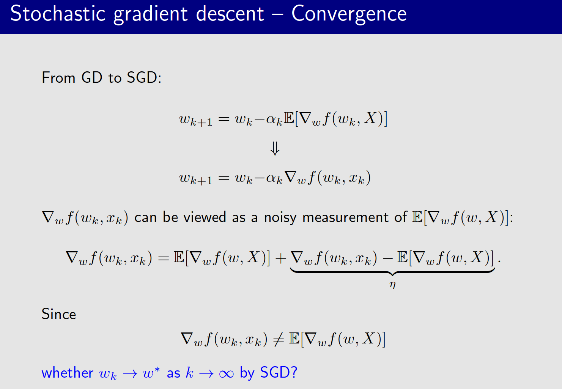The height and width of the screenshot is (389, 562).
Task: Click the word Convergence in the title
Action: pos(349,14)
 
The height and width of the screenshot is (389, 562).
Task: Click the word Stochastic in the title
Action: pos(58,14)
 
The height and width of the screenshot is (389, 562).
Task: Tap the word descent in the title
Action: pos(230,14)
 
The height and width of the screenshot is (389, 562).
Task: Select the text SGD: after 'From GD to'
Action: pos(144,78)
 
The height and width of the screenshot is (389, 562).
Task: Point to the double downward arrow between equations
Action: pos(275,148)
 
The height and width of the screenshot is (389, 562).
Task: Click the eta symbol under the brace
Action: pos(392,284)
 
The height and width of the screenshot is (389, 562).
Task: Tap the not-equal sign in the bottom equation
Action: pos(278,339)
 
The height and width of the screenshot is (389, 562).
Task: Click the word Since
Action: pos(59,314)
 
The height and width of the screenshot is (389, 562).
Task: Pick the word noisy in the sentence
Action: pos(280,218)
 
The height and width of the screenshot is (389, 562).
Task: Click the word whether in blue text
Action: pos(67,373)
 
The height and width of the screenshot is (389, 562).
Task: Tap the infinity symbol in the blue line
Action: pos(226,374)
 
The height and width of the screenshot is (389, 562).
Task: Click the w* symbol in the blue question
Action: pos(151,373)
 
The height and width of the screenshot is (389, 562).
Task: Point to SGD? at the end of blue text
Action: pos(278,373)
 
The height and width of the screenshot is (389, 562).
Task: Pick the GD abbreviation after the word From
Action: pos(91,78)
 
